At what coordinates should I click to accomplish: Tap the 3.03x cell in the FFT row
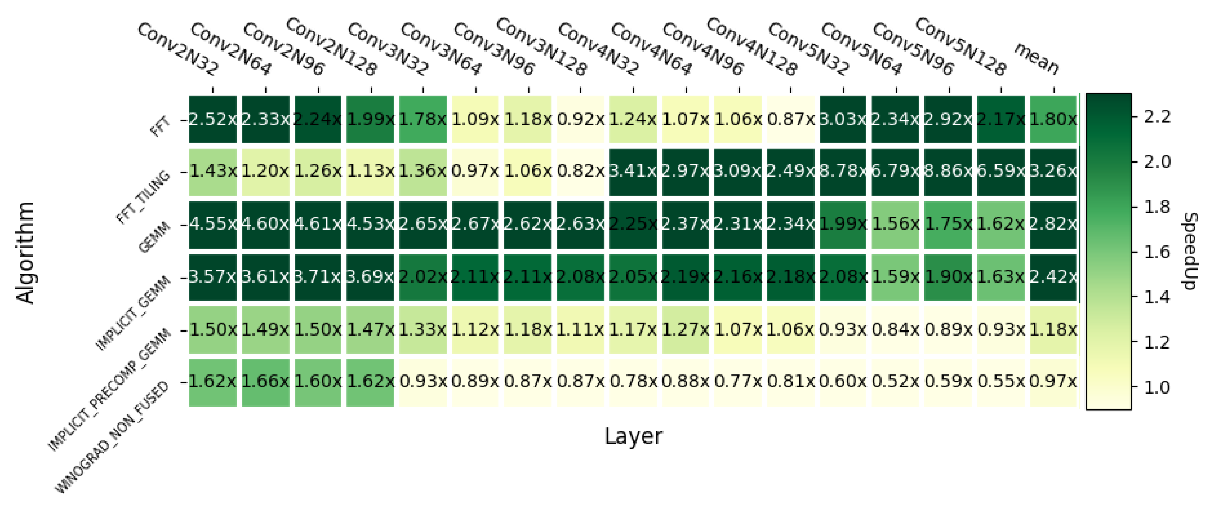843,119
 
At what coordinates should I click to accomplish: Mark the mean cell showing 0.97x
1053,382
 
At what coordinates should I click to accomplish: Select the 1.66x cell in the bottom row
265,382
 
